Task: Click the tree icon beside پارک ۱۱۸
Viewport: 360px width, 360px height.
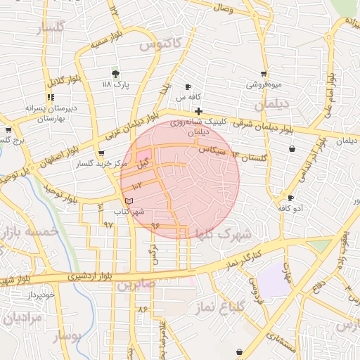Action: pos(116,74)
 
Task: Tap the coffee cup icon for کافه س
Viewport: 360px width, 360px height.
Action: pos(188,86)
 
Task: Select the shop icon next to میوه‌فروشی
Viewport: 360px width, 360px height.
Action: pos(264,74)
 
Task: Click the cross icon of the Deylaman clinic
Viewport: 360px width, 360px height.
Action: pos(199,111)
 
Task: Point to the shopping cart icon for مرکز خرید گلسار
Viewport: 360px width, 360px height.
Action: pos(102,153)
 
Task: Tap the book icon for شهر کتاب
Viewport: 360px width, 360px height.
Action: pos(127,201)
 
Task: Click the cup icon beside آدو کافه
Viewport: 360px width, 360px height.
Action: pos(291,198)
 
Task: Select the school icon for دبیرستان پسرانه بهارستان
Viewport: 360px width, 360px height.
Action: pos(51,98)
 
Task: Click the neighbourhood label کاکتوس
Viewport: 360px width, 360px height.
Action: pos(160,44)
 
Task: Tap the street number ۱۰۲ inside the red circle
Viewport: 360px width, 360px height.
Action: pos(136,185)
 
